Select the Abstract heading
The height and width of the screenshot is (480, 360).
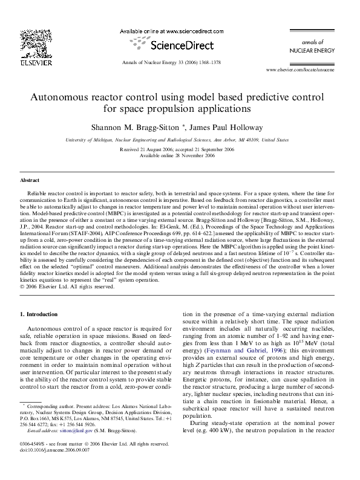click(x=30, y=181)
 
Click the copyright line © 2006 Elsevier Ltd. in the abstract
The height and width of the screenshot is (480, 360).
click(x=67, y=287)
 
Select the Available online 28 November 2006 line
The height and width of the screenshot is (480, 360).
click(x=180, y=155)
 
